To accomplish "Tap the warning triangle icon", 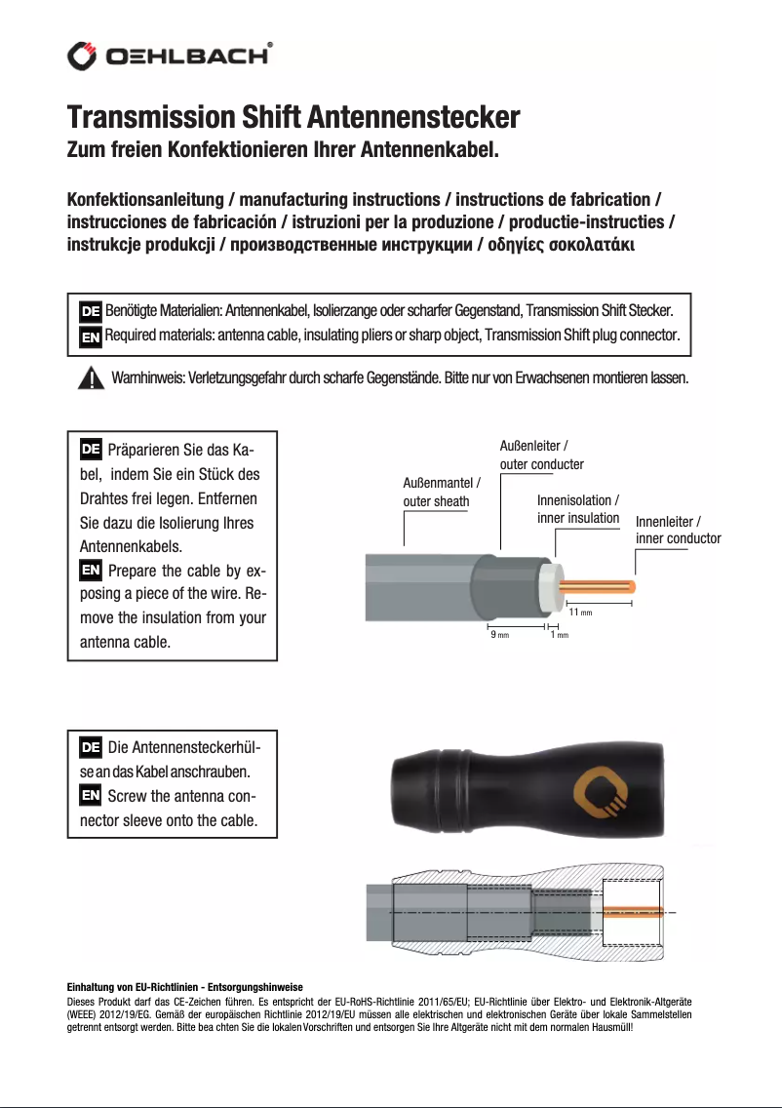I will pyautogui.click(x=91, y=377).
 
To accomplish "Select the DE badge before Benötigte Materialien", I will pyautogui.click(x=90, y=311).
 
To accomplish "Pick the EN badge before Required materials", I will pyautogui.click(x=90, y=336).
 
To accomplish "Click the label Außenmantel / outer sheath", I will pyautogui.click(x=442, y=493).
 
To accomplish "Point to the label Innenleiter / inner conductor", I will pyautogui.click(x=678, y=531).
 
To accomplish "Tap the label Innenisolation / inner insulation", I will pyautogui.click(x=578, y=509).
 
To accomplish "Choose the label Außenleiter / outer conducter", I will pyautogui.click(x=541, y=455).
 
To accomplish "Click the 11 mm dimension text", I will pyautogui.click(x=580, y=612).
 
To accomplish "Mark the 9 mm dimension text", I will pyautogui.click(x=498, y=634).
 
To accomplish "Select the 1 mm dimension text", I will pyautogui.click(x=559, y=634).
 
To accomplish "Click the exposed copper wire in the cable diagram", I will pyautogui.click(x=600, y=587).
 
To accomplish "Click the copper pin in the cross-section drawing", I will pyautogui.click(x=634, y=911).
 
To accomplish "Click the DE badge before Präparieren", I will pyautogui.click(x=90, y=451).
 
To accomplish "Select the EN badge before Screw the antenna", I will pyautogui.click(x=90, y=795).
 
